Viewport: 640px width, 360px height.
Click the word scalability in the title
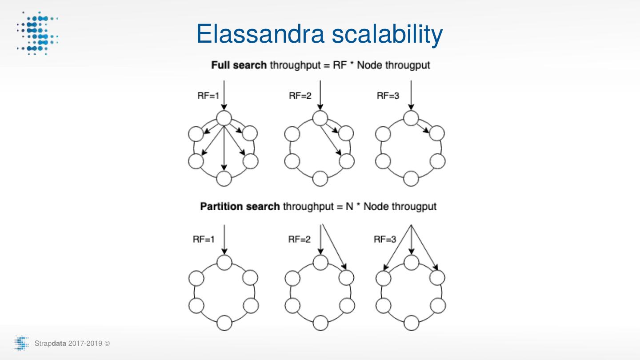pyautogui.click(x=393, y=35)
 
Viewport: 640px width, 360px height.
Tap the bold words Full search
pyautogui.click(x=239, y=65)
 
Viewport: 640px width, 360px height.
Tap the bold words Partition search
pyautogui.click(x=240, y=207)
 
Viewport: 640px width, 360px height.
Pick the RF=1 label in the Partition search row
pyautogui.click(x=204, y=240)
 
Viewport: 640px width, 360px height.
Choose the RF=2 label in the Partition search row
pyautogui.click(x=299, y=240)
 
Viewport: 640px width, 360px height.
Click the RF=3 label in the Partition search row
pyautogui.click(x=385, y=240)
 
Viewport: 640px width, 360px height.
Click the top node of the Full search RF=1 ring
pyautogui.click(x=224, y=118)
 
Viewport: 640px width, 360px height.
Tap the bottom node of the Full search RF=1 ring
pyautogui.click(x=224, y=178)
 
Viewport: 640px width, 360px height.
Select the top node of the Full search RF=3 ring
pyautogui.click(x=411, y=118)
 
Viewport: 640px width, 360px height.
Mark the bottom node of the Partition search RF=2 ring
pyautogui.click(x=320, y=322)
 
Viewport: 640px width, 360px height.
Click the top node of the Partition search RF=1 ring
pyautogui.click(x=224, y=262)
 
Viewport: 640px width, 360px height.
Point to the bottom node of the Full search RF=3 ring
pyautogui.click(x=411, y=178)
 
